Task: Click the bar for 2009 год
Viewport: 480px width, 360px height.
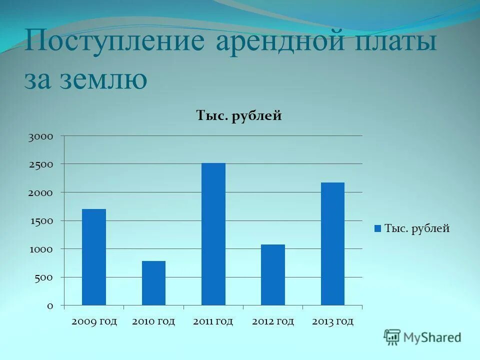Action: click(x=94, y=257)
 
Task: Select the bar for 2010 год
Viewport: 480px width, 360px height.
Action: click(x=153, y=283)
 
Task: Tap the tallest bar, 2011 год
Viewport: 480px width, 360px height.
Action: click(x=213, y=234)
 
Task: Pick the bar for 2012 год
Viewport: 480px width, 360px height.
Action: click(x=273, y=274)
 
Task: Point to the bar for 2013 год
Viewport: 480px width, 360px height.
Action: click(x=332, y=243)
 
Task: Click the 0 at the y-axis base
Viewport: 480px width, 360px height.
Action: click(x=49, y=306)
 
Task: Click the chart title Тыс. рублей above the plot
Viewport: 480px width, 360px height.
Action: click(x=239, y=116)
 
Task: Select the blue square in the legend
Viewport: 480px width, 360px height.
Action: click(x=378, y=228)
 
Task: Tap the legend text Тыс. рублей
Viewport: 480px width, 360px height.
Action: click(x=417, y=228)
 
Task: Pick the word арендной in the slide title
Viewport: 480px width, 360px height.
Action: click(x=280, y=41)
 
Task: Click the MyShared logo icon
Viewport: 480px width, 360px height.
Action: click(x=392, y=337)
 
